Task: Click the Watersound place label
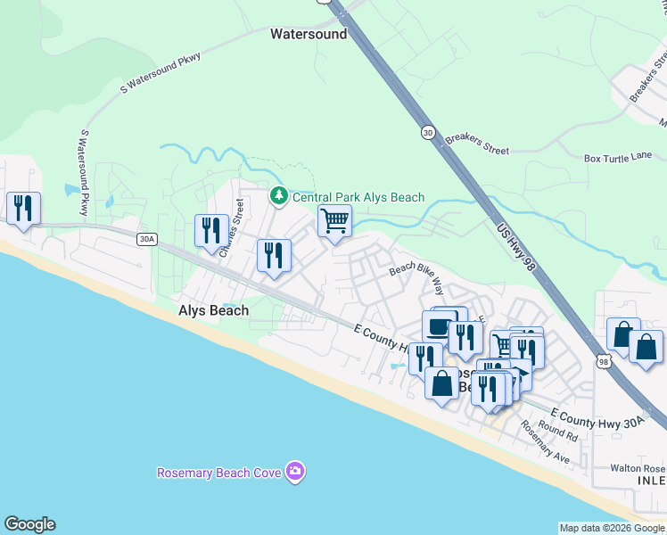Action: pos(308,34)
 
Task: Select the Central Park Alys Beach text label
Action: pos(358,197)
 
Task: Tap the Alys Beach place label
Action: pos(214,310)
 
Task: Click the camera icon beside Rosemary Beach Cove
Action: pos(296,472)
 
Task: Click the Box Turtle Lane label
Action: pos(618,158)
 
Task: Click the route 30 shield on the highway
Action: pos(429,133)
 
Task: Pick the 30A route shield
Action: pos(146,239)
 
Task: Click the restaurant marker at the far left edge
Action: pos(21,209)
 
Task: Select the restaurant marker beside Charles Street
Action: pos(211,230)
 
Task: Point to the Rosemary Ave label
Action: pos(545,443)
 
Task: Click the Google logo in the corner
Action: pos(29,524)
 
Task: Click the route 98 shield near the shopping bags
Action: pos(604,361)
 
